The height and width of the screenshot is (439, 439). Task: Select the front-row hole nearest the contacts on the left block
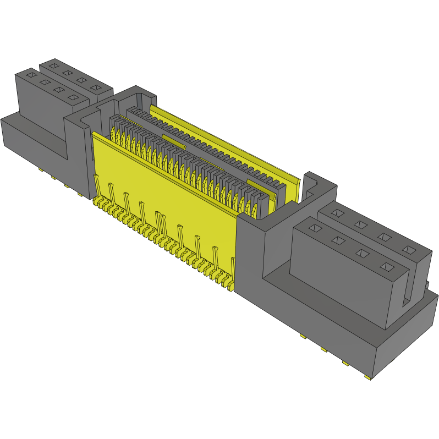point(71,97)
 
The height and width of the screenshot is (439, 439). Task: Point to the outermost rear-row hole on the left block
point(53,65)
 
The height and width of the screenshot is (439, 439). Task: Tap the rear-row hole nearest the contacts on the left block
point(95,88)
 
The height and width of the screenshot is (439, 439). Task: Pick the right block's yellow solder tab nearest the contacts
point(303,336)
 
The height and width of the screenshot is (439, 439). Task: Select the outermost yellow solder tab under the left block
point(40,170)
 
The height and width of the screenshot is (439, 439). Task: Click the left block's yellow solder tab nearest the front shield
point(80,195)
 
